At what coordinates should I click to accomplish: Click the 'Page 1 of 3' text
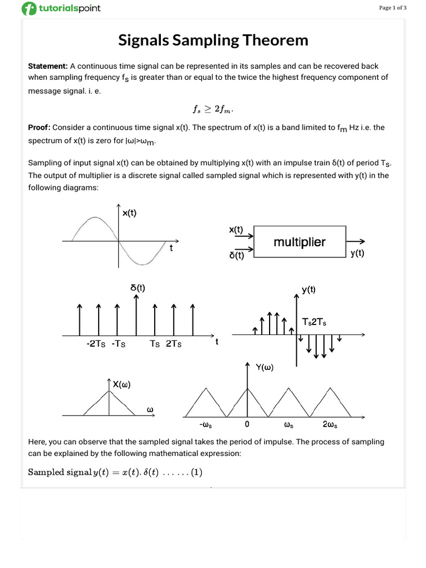pos(393,8)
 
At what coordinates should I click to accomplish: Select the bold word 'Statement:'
pos(48,66)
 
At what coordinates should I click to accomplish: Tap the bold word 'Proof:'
pos(39,127)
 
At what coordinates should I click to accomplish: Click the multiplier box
pos(300,242)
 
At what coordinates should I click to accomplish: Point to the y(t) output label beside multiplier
pos(357,253)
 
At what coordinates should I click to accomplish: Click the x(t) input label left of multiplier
pos(236,229)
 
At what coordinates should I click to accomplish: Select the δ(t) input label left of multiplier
pos(236,256)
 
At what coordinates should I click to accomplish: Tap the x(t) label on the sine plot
pos(130,212)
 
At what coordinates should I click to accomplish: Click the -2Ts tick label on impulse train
pos(96,344)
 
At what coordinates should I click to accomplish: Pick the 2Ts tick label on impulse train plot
pos(174,344)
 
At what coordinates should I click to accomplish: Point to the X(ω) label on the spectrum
pos(122,384)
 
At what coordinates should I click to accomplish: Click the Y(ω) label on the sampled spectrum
pos(265,367)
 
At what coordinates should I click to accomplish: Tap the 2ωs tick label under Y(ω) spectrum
pos(330,425)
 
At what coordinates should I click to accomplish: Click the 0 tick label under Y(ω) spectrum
pos(247,425)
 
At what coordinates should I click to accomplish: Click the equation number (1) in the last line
pos(197,472)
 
